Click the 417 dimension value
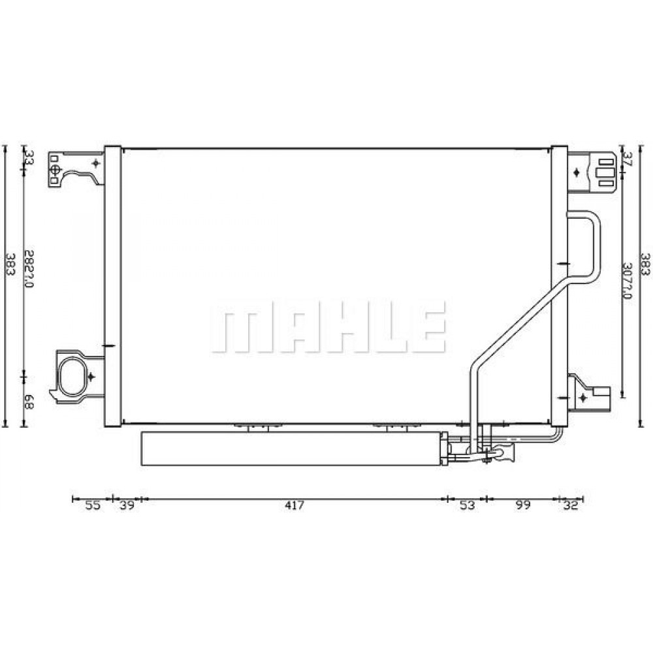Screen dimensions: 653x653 tap(294, 505)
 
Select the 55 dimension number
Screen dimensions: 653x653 tap(93, 505)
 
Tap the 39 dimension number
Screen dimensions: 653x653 tap(127, 505)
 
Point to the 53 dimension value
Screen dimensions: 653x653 tap(466, 505)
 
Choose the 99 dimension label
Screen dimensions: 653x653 tap(522, 505)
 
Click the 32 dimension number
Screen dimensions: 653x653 tap(571, 505)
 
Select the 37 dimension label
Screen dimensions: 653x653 tap(628, 158)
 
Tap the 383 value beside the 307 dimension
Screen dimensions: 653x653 tap(645, 264)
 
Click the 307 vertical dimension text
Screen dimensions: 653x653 tap(628, 281)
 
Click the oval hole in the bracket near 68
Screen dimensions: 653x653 tap(72, 376)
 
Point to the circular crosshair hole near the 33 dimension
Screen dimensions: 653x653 tap(56, 170)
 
